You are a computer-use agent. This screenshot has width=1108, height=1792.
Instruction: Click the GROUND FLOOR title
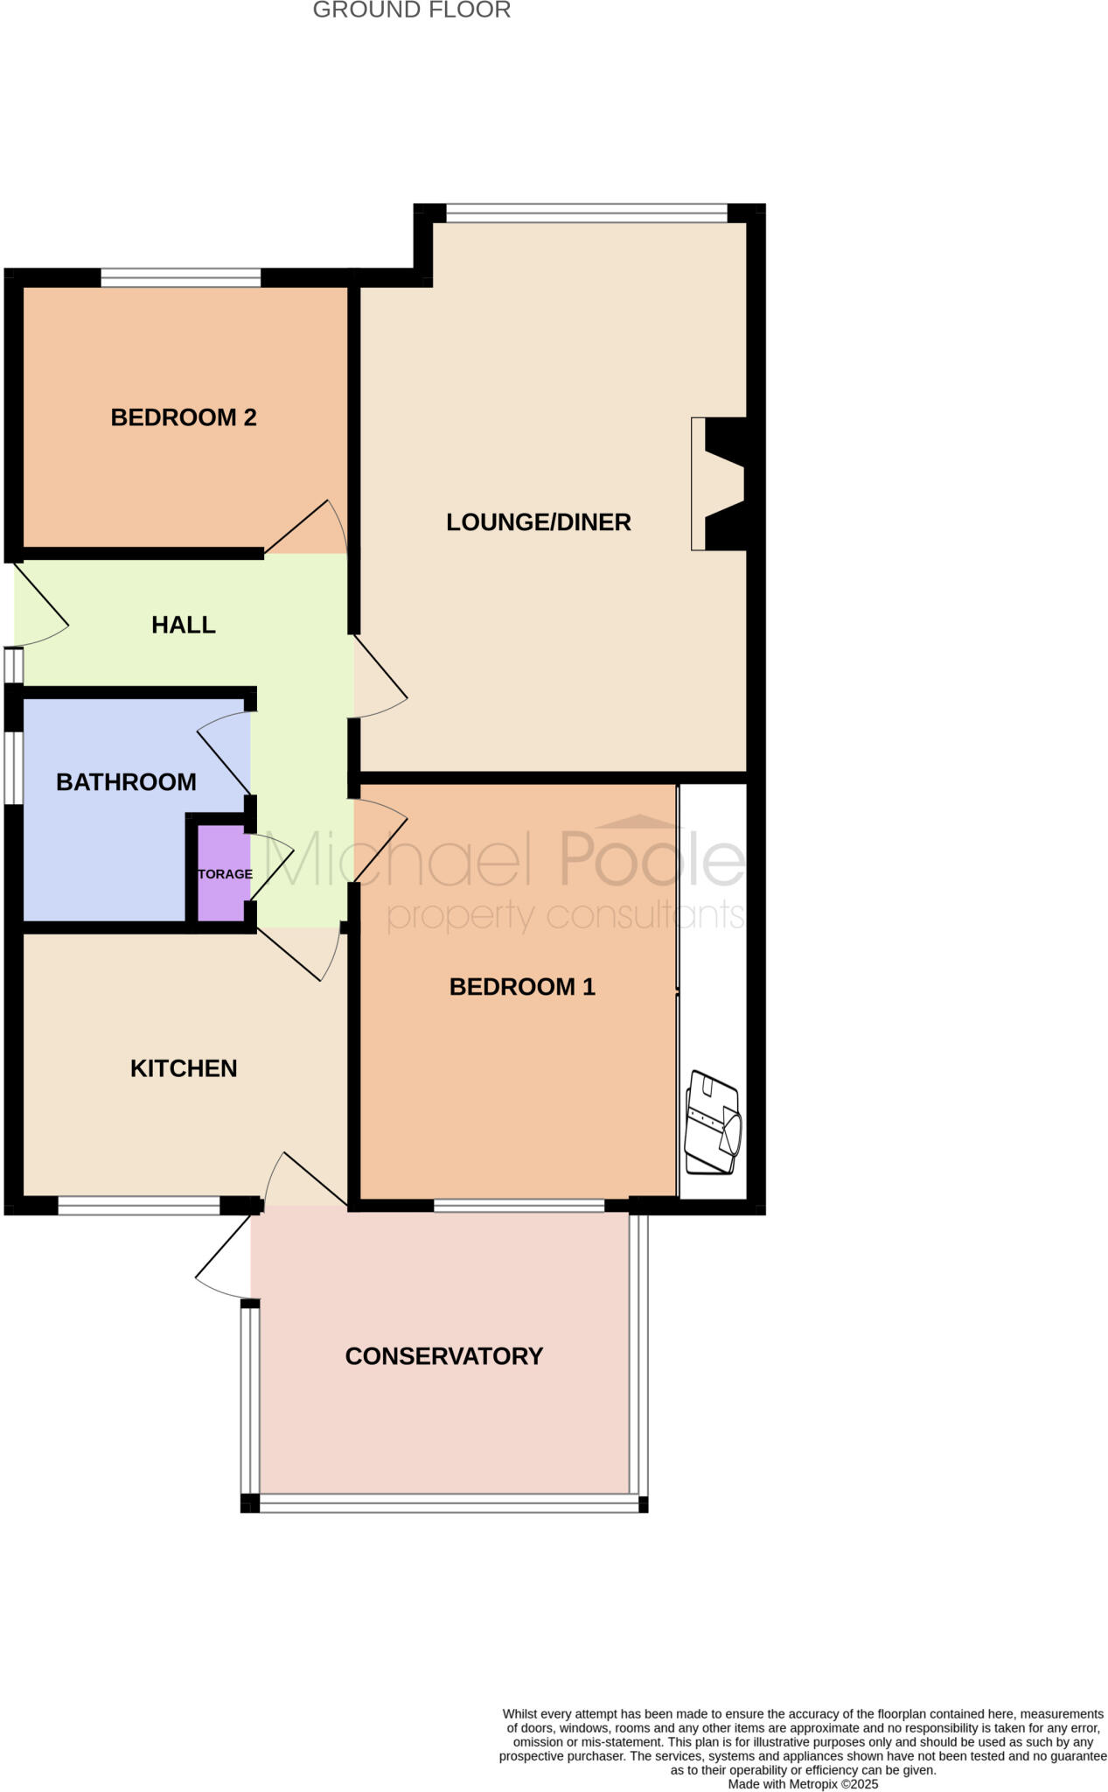(411, 10)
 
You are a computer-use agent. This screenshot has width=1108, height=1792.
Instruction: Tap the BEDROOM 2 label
(184, 417)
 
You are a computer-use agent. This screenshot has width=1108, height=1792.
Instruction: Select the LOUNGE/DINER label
(539, 522)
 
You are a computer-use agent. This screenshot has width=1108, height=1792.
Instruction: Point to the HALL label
(184, 625)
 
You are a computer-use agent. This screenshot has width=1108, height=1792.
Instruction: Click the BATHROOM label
(126, 782)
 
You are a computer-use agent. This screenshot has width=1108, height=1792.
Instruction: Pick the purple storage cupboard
(224, 873)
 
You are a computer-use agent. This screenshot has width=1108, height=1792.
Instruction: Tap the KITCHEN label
(184, 1068)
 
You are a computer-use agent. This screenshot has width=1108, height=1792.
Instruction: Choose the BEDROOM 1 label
(522, 987)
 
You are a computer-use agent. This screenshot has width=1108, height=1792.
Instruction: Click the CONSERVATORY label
(444, 1356)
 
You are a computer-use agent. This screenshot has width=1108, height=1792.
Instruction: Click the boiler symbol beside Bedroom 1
(713, 1122)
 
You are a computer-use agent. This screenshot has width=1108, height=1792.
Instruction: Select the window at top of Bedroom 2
(181, 278)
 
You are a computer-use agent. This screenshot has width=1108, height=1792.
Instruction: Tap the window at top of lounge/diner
(586, 213)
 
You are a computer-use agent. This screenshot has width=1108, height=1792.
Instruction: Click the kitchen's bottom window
(139, 1206)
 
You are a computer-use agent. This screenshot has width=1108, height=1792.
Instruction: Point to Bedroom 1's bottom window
(519, 1206)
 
